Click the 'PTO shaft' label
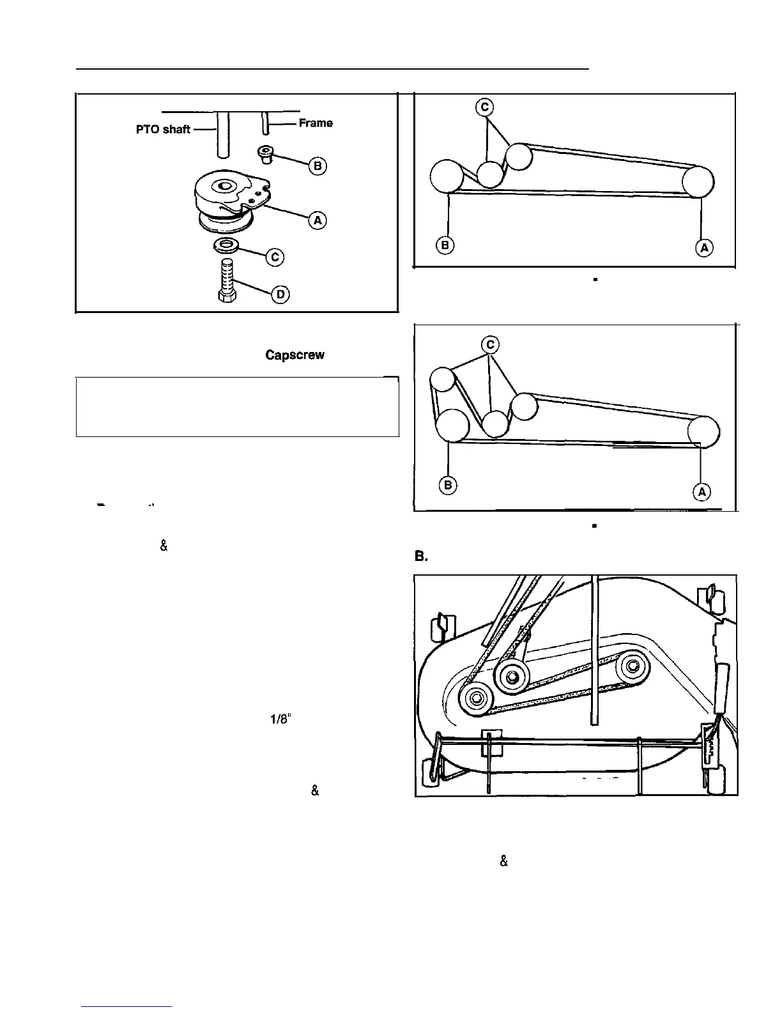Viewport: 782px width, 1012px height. click(163, 129)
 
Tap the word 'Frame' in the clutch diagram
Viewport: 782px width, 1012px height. click(316, 123)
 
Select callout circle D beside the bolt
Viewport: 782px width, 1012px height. click(280, 294)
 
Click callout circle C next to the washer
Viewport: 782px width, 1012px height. click(275, 257)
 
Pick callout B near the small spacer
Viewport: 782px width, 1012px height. click(318, 166)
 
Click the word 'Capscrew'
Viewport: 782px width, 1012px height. click(295, 355)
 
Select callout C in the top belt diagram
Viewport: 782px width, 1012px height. click(486, 107)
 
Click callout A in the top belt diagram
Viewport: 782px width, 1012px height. click(703, 248)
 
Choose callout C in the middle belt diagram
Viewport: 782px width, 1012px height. click(490, 345)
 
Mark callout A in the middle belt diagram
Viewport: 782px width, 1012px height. click(701, 491)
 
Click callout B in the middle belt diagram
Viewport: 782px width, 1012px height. click(448, 486)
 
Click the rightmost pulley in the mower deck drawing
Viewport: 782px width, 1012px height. click(632, 668)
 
